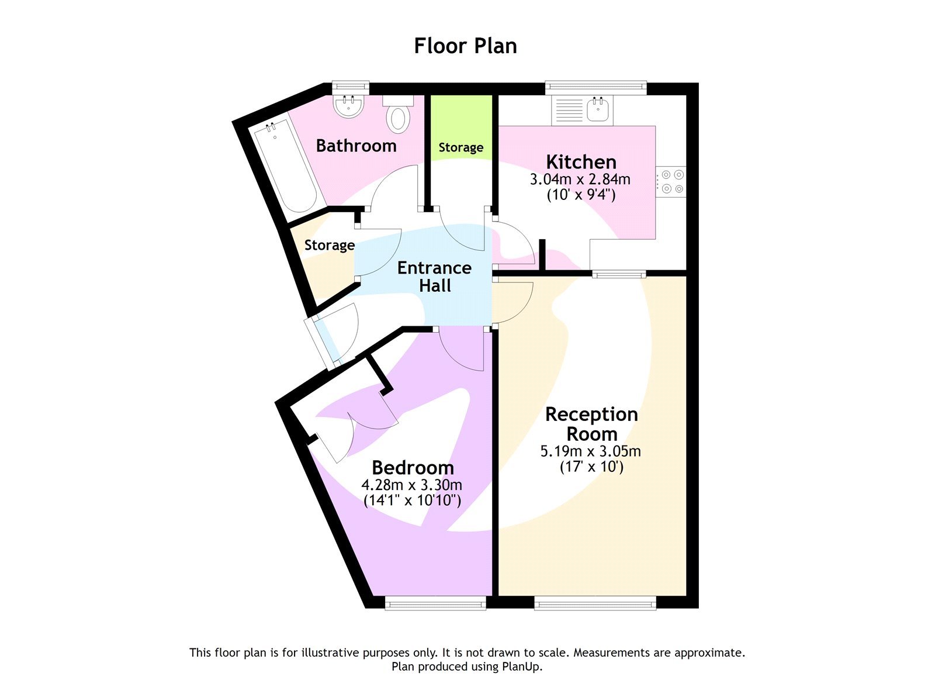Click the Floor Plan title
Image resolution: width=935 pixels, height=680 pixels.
click(465, 46)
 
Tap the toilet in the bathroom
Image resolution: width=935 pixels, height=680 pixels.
click(398, 115)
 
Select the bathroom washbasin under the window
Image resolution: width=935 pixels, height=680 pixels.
click(349, 106)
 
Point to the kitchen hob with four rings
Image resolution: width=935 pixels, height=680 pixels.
click(671, 182)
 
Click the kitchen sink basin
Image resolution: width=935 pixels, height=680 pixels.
click(598, 109)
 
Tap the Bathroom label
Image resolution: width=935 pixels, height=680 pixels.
click(356, 146)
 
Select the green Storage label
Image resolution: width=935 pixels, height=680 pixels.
click(460, 147)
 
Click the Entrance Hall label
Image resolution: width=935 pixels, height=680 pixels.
click(434, 277)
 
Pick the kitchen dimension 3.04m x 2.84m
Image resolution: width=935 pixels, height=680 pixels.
click(580, 180)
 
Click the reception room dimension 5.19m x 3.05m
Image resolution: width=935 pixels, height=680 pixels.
click(590, 451)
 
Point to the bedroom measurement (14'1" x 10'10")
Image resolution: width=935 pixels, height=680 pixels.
click(412, 500)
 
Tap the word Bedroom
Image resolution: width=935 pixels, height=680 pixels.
click(413, 468)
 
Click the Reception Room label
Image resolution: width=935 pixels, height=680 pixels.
click(591, 424)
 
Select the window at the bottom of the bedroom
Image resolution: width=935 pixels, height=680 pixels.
click(435, 603)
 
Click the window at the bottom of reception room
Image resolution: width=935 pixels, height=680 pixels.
click(595, 603)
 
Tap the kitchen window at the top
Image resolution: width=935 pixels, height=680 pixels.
click(595, 88)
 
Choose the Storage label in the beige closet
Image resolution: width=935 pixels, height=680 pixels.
click(329, 245)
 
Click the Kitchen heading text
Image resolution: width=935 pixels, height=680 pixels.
click(581, 161)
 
